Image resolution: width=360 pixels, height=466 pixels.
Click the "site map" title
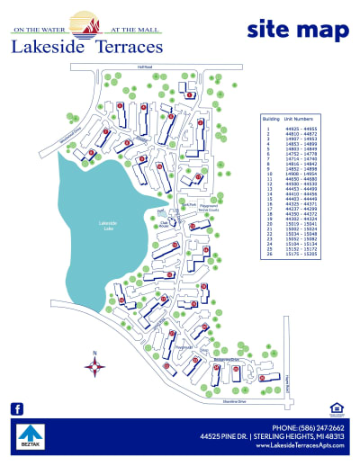[x=297, y=30]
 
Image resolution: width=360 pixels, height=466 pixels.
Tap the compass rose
[x=94, y=365]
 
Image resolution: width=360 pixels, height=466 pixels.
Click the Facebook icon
[x=16, y=408]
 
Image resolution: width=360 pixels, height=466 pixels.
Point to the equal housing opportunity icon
[x=337, y=408]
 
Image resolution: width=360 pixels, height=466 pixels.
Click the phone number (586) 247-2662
[x=314, y=426]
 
